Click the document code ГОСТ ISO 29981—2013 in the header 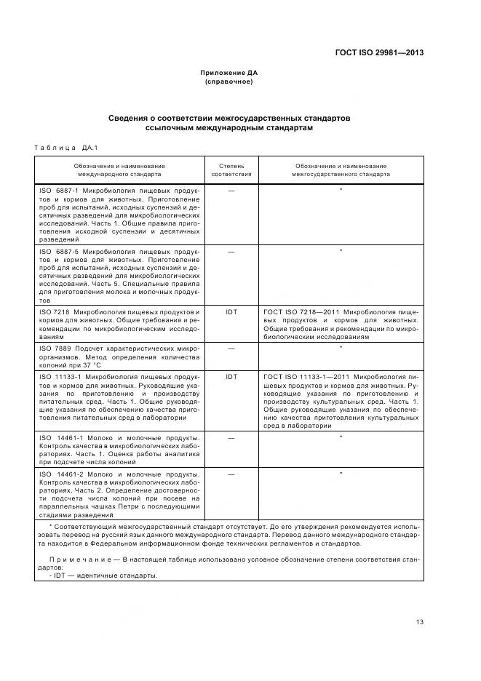(x=378, y=52)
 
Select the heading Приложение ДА (x=228, y=73)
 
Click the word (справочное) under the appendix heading (x=228, y=81)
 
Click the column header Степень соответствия (x=231, y=170)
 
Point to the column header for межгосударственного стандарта (x=341, y=170)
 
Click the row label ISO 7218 (x=55, y=312)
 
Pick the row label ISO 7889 (x=55, y=348)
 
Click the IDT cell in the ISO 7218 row (x=231, y=312)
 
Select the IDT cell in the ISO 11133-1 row (x=231, y=377)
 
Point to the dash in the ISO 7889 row (x=231, y=348)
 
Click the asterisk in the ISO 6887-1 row (x=341, y=190)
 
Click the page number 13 (x=419, y=621)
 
